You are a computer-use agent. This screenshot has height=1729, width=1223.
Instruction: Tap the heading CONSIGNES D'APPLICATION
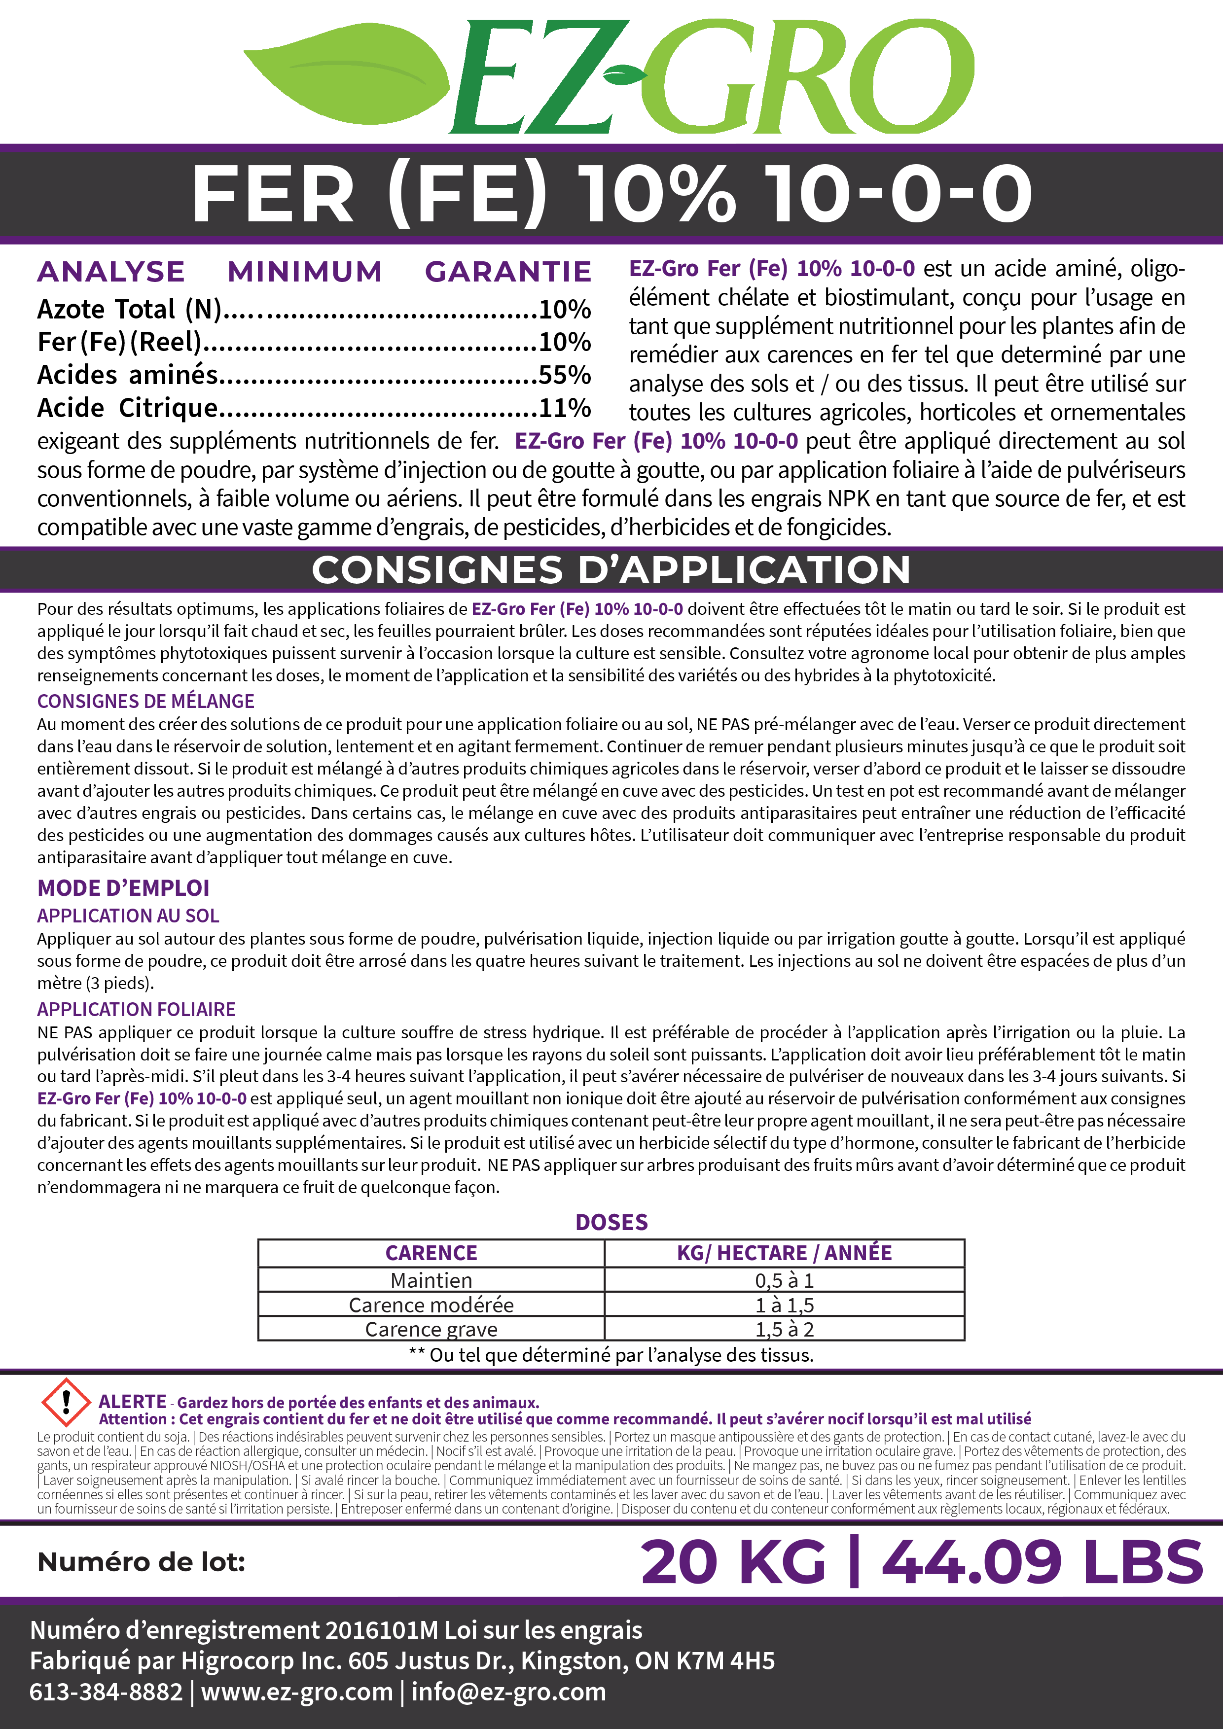[x=611, y=569]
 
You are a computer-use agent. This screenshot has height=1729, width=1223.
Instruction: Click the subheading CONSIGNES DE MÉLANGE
[x=145, y=701]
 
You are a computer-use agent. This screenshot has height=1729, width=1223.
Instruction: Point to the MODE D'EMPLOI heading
[x=123, y=888]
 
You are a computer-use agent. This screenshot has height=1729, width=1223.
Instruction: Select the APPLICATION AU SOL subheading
[x=128, y=916]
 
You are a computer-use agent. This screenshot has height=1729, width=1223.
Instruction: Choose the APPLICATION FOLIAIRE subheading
[x=136, y=1009]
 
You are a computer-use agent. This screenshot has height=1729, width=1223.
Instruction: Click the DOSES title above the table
[x=611, y=1222]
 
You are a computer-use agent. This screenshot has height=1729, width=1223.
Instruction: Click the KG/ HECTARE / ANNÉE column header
[x=784, y=1253]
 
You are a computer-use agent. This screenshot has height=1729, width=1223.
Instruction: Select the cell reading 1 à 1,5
[x=784, y=1305]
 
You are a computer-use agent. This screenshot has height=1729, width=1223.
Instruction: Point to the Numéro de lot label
[x=142, y=1562]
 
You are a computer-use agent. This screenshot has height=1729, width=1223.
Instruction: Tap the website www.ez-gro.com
[x=297, y=1692]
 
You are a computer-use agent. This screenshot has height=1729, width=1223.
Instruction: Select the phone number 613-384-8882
[x=106, y=1692]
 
